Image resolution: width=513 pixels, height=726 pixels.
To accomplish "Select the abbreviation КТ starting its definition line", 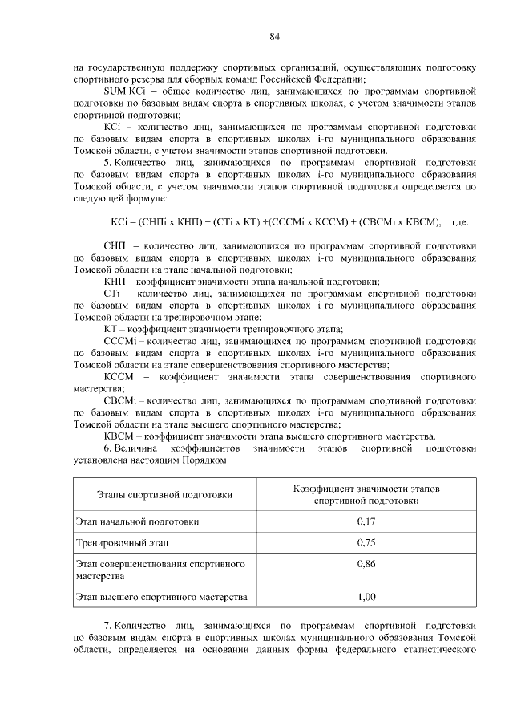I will pos(113,329).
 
